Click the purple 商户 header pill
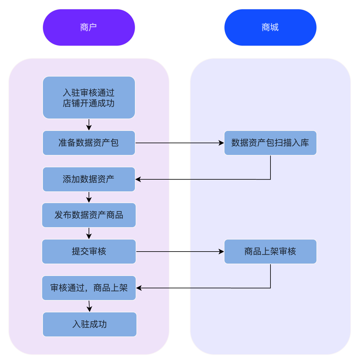pyautogui.click(x=89, y=27)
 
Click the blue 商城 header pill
pyautogui.click(x=270, y=27)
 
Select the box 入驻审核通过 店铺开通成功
pyautogui.click(x=89, y=98)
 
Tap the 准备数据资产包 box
pyautogui.click(x=89, y=143)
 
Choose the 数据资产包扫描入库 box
pyautogui.click(x=270, y=143)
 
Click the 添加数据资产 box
pyautogui.click(x=89, y=179)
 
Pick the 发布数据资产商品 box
pyautogui.click(x=89, y=215)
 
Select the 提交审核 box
pyautogui.click(x=89, y=252)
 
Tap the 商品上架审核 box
pyautogui.click(x=270, y=252)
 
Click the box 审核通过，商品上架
pyautogui.click(x=89, y=288)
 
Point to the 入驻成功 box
pyautogui.click(x=90, y=324)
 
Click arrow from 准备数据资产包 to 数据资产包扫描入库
pyautogui.click(x=179, y=143)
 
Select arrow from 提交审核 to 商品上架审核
pyautogui.click(x=179, y=252)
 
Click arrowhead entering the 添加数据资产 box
pyautogui.click(x=138, y=179)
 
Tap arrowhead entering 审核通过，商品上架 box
pyautogui.click(x=139, y=288)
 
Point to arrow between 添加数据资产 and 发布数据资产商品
pyautogui.click(x=89, y=197)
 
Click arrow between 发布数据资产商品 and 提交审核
pyautogui.click(x=89, y=233)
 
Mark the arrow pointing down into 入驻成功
pyautogui.click(x=89, y=306)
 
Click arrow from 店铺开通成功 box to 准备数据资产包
pyautogui.click(x=89, y=124)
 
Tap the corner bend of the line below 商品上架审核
pyautogui.click(x=270, y=288)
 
